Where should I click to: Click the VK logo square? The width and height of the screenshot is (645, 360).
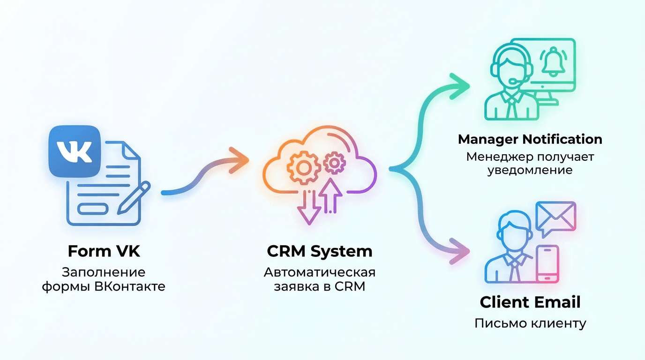click(x=75, y=151)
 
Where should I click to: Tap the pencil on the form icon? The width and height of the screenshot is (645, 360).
click(x=134, y=197)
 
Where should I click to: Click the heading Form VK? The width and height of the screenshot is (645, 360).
click(x=104, y=251)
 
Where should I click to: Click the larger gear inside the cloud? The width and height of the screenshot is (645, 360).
click(x=300, y=166)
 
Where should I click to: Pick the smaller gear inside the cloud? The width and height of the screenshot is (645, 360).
click(x=334, y=163)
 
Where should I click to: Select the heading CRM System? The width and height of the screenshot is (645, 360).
click(x=320, y=251)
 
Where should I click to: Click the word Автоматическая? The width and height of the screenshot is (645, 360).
click(x=320, y=272)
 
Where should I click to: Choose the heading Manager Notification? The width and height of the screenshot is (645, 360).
click(x=530, y=139)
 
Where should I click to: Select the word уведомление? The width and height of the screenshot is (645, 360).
click(x=530, y=170)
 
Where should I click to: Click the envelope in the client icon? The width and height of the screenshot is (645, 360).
click(x=556, y=216)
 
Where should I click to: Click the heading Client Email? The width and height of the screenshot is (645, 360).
click(x=530, y=302)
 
